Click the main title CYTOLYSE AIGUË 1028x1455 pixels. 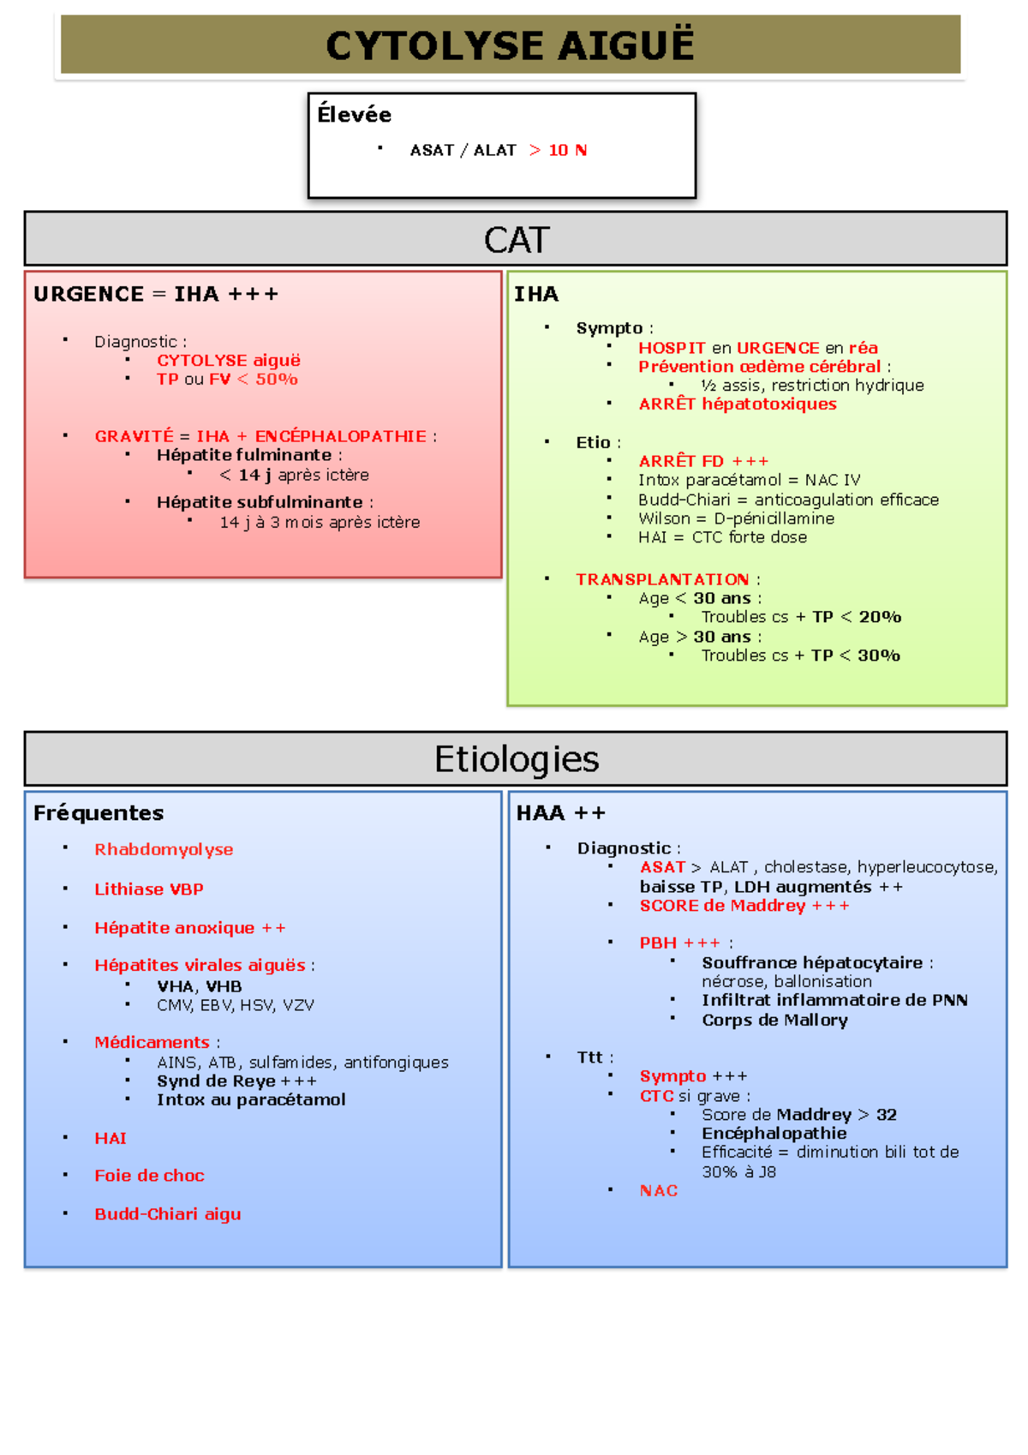coord(511,45)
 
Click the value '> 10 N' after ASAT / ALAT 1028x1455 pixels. coord(558,150)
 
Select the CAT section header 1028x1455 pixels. coord(516,239)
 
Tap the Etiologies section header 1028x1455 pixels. coord(516,759)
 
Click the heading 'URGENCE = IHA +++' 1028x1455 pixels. coord(156,294)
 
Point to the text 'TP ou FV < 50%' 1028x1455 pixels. coord(227,379)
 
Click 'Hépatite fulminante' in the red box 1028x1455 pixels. coord(244,455)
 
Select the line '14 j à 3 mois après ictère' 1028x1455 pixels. coord(320,522)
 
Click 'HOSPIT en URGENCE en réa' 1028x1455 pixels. coord(757,348)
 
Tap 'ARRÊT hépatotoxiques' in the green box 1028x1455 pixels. coord(737,404)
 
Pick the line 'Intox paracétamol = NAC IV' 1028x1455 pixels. coord(749,480)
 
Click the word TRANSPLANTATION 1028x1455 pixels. coord(662,579)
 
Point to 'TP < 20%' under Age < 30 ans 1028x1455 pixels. coord(857,617)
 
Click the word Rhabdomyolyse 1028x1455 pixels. coord(164,849)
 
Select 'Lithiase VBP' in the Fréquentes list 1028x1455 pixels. coord(149,889)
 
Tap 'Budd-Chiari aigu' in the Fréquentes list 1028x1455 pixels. coord(168,1213)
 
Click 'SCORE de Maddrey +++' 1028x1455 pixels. coord(744,906)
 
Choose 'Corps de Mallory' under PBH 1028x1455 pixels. coord(774,1020)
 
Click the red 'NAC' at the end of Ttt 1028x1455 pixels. coord(658,1190)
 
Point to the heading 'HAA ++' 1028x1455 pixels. coord(560,812)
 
